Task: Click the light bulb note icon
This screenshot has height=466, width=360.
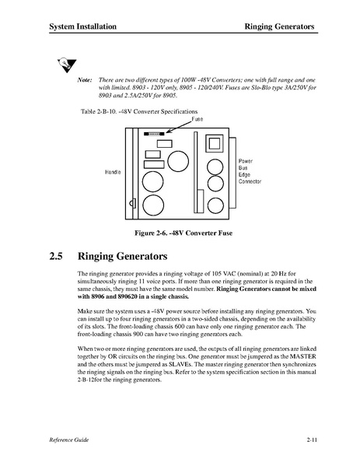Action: tap(67, 65)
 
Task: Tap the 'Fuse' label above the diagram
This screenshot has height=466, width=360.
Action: tap(197, 119)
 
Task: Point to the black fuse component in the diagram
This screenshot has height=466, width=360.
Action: tap(154, 134)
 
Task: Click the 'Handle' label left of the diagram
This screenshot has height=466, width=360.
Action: tap(113, 172)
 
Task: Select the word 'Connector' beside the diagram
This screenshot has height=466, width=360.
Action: tap(250, 181)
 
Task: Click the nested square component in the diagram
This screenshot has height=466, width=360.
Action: tap(214, 144)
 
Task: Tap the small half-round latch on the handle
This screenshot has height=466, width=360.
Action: tap(132, 203)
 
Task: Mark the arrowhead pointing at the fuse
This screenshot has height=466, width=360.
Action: tap(169, 131)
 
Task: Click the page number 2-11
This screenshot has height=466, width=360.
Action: tap(312, 440)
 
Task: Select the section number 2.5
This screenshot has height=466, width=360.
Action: tap(56, 256)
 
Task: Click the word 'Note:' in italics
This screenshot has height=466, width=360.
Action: tap(85, 80)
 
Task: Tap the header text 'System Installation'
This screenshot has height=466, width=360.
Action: tap(83, 26)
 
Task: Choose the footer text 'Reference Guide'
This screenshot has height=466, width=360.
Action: tap(69, 440)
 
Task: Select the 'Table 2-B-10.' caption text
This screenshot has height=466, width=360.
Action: tap(99, 112)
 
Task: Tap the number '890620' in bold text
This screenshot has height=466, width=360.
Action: tap(128, 296)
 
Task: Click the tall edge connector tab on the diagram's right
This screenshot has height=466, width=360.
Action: tap(232, 173)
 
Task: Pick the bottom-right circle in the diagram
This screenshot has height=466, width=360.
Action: tap(215, 205)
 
